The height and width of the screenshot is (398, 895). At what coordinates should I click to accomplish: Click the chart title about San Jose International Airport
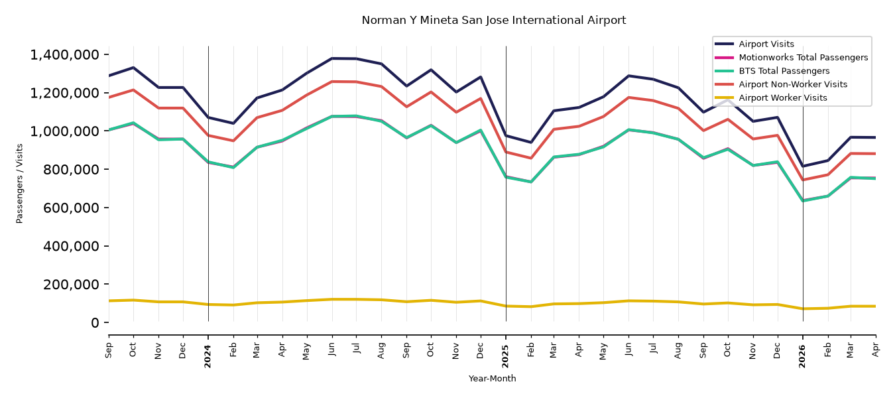coord(493,20)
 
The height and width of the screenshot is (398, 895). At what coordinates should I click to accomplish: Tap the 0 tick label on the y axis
coord(95,323)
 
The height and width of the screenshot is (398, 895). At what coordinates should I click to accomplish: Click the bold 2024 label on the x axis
coord(208,356)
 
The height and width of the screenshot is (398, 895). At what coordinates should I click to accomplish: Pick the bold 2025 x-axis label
coord(505,356)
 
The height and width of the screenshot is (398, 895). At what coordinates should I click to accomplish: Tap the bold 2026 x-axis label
coord(803,356)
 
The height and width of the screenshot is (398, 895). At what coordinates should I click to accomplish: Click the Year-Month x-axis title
coord(492,378)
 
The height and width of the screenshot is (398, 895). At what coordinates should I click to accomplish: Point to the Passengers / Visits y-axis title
coord(19,184)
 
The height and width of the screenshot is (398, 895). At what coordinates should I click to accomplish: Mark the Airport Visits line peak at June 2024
coord(332,58)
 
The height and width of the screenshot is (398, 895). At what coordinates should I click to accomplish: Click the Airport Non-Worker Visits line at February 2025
coord(530,159)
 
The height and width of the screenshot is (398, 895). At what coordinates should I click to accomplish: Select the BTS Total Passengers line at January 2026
coord(803,200)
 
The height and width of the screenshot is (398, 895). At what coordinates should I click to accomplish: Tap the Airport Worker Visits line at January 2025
coord(506,306)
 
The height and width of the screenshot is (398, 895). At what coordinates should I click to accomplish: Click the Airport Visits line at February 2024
coord(233,123)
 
